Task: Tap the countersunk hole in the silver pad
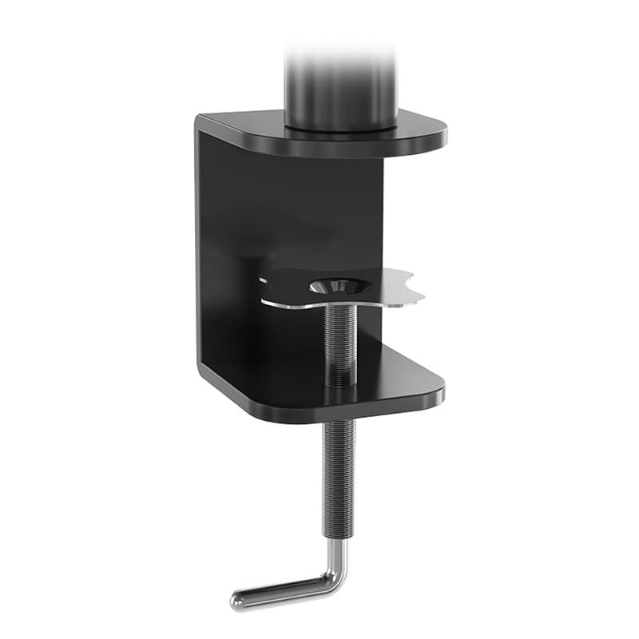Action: click(335, 285)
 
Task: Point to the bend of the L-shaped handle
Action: click(335, 574)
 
